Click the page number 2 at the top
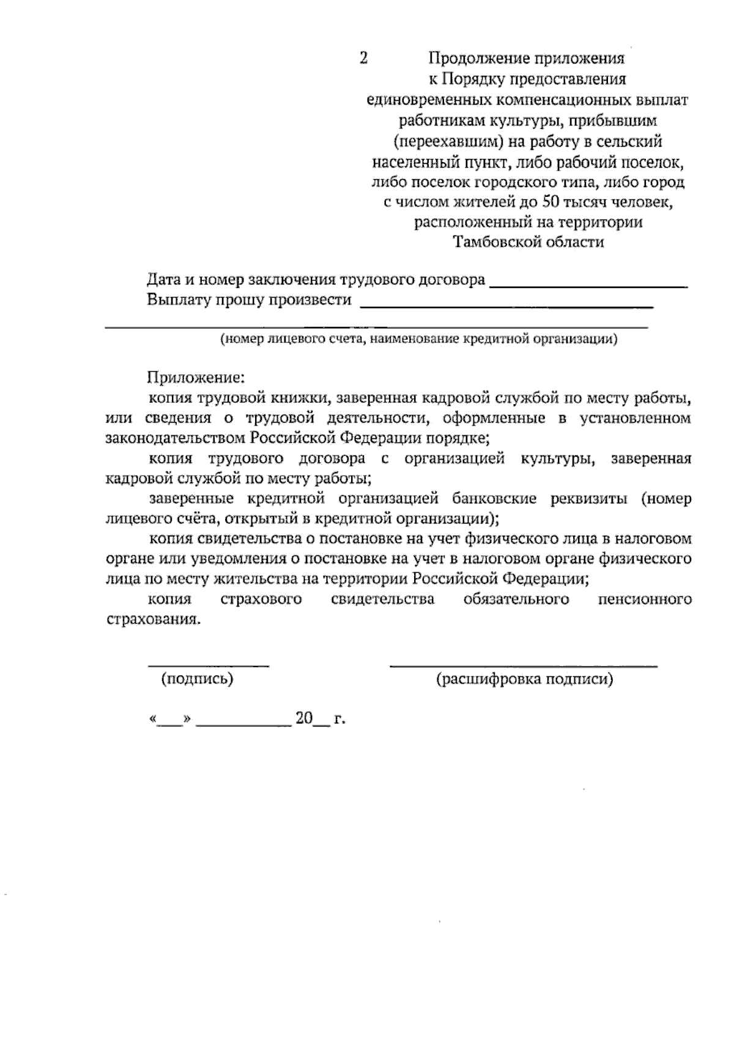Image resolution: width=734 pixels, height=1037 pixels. (363, 59)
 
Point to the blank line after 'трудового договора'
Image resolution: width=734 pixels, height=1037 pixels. (589, 285)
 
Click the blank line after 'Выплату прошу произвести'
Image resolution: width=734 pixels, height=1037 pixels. (506, 305)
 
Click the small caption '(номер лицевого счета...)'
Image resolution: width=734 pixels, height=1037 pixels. (419, 339)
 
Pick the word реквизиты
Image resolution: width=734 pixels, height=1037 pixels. (588, 498)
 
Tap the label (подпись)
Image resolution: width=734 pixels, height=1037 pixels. (197, 679)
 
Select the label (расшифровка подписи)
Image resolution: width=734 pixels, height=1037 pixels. (524, 679)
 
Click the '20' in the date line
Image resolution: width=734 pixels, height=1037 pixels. (304, 718)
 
